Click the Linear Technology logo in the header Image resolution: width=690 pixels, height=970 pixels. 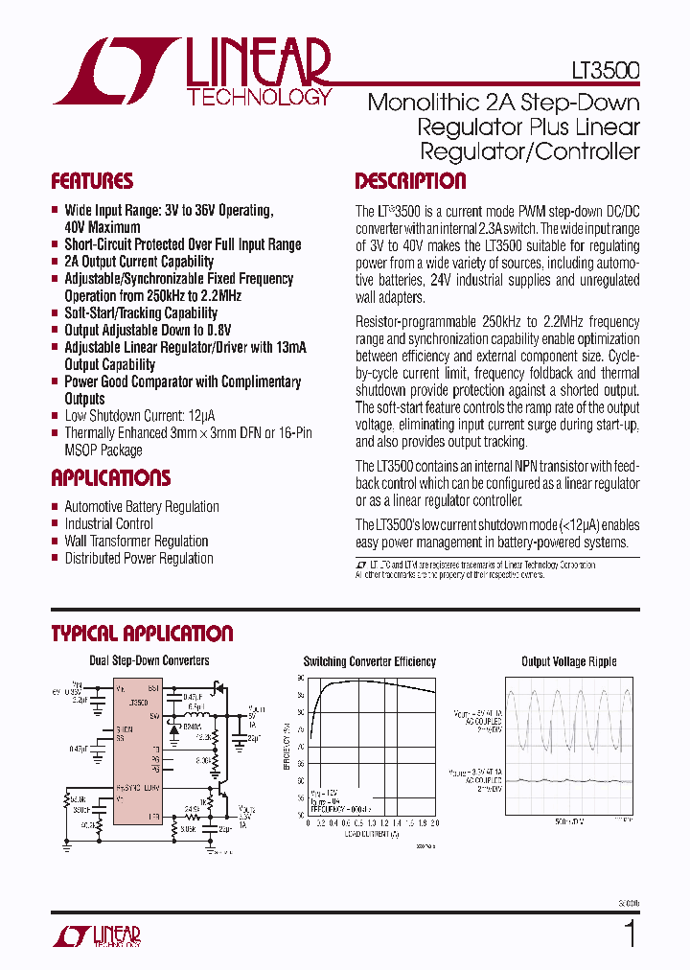click(192, 71)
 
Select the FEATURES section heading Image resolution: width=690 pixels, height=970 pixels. click(92, 181)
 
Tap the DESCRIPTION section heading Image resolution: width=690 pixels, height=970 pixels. click(410, 181)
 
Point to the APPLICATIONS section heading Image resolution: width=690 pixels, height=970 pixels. click(110, 478)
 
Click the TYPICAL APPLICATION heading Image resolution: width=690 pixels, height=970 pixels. click(142, 634)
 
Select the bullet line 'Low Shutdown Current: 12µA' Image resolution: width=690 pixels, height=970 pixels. click(139, 416)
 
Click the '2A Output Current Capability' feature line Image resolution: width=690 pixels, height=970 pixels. click(139, 262)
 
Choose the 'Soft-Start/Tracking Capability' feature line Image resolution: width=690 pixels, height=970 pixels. click(141, 313)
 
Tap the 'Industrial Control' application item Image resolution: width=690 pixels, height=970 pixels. click(108, 524)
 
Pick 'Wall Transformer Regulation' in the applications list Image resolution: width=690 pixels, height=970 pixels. click(136, 542)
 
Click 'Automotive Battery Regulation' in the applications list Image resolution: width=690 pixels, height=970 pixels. click(142, 507)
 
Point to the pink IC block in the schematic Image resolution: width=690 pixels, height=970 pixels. click(136, 753)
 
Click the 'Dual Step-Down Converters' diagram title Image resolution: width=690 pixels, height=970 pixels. click(149, 661)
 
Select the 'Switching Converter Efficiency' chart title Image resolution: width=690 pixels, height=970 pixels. click(370, 662)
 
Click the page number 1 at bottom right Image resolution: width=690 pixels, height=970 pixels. click(631, 933)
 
